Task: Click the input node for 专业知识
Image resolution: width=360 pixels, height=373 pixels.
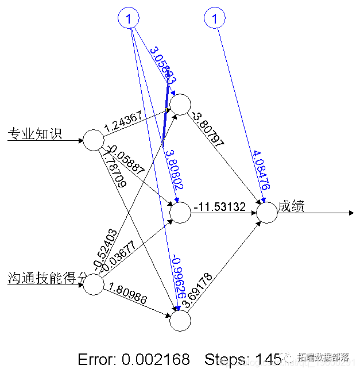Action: [93, 140]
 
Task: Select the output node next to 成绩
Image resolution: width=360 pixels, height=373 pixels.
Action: [266, 212]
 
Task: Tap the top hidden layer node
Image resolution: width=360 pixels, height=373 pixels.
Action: [180, 105]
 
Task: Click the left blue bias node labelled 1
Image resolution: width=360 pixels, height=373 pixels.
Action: [129, 19]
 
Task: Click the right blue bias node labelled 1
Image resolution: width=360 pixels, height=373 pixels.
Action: [215, 19]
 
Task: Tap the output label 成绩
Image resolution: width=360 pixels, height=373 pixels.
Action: [291, 207]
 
